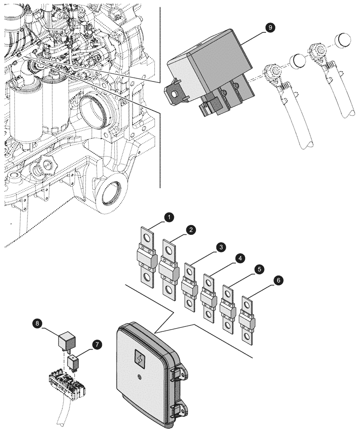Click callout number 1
click(x=169, y=217)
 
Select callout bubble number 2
click(x=190, y=229)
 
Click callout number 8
click(x=39, y=324)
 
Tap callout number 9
click(x=269, y=27)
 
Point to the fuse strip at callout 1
click(x=146, y=257)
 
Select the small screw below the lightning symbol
click(x=139, y=377)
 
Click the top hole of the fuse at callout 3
click(x=189, y=271)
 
